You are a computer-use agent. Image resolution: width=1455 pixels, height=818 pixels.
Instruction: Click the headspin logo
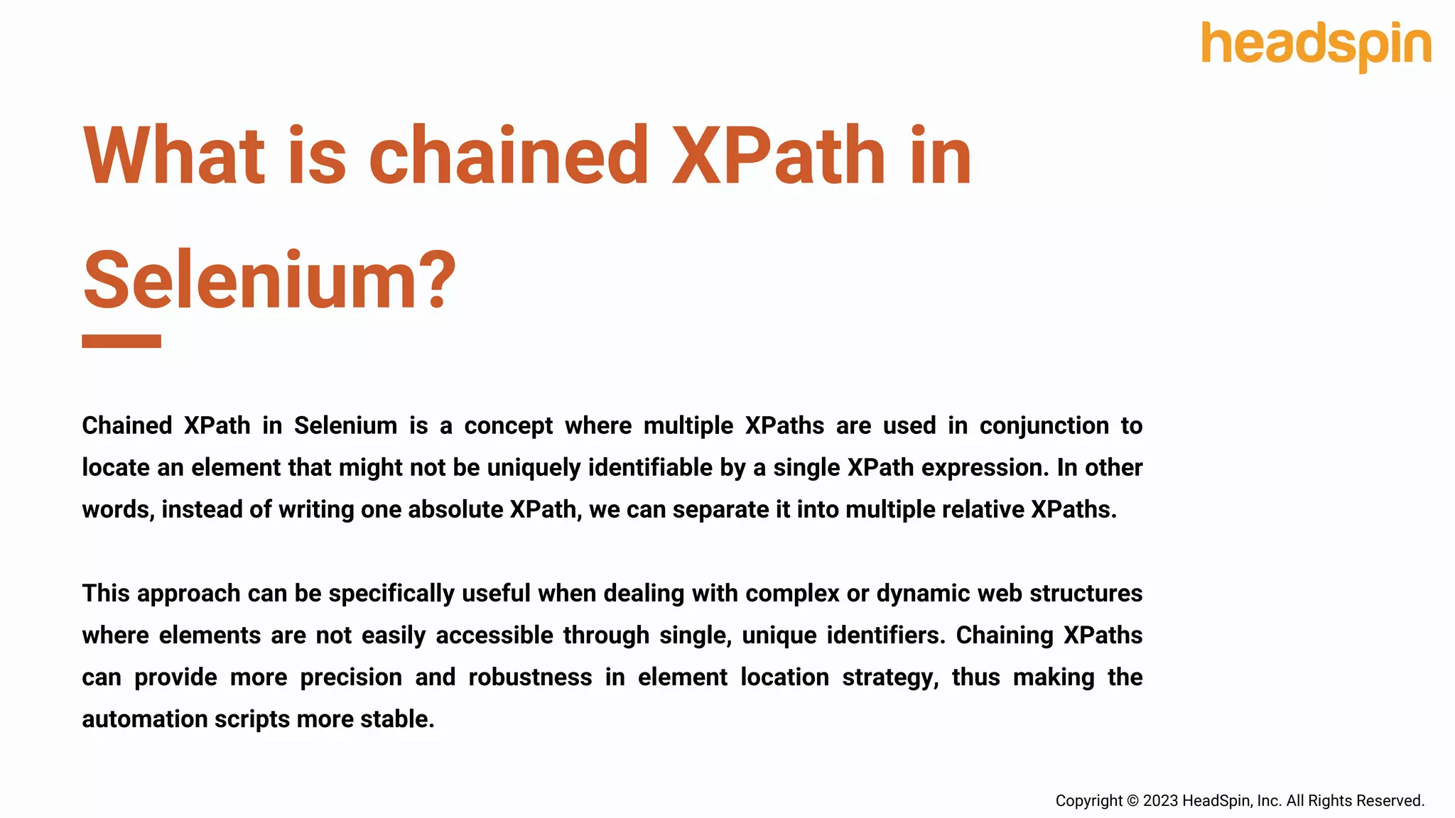pos(1316,45)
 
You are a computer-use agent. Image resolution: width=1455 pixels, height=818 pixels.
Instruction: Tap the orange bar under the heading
pos(121,341)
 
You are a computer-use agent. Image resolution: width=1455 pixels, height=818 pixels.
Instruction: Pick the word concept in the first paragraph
pos(508,425)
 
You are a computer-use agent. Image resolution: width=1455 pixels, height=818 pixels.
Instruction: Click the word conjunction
pos(1044,425)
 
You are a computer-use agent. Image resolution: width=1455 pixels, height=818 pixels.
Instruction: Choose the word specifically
pos(391,593)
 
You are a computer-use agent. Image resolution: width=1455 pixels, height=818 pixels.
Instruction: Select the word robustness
pos(530,677)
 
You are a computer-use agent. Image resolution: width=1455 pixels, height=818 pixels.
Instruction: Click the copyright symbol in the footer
pos(1132,801)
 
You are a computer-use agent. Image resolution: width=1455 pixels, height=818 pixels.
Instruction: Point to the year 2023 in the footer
pos(1160,801)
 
